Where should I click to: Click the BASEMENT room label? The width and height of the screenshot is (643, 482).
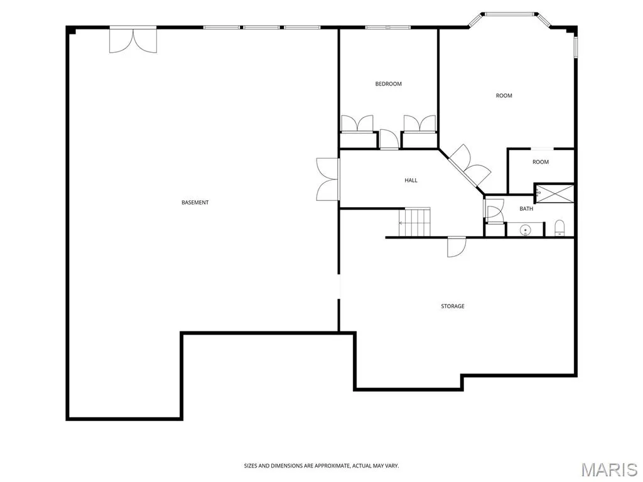coord(195,203)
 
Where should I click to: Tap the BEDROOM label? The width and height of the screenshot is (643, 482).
coord(388,84)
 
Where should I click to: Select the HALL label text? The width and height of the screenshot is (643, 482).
coord(411,180)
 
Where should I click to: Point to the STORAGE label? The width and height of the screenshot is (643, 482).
coord(453,306)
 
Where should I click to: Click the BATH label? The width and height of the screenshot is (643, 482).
coord(526,209)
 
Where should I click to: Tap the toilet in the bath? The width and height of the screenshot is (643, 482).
coord(559,228)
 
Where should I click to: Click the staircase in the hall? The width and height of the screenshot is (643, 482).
coord(414,223)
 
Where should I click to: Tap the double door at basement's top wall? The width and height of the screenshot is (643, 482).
coord(133,40)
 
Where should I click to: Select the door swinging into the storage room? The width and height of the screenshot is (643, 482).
coord(457,247)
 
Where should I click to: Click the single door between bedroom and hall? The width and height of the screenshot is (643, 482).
coord(389,139)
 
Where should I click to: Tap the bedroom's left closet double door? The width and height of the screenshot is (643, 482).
coord(357,124)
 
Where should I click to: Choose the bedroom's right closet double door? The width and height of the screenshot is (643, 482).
coord(419,124)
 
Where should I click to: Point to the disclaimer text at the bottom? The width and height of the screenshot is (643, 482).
coord(321,466)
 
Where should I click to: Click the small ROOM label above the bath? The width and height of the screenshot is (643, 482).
coord(541,163)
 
